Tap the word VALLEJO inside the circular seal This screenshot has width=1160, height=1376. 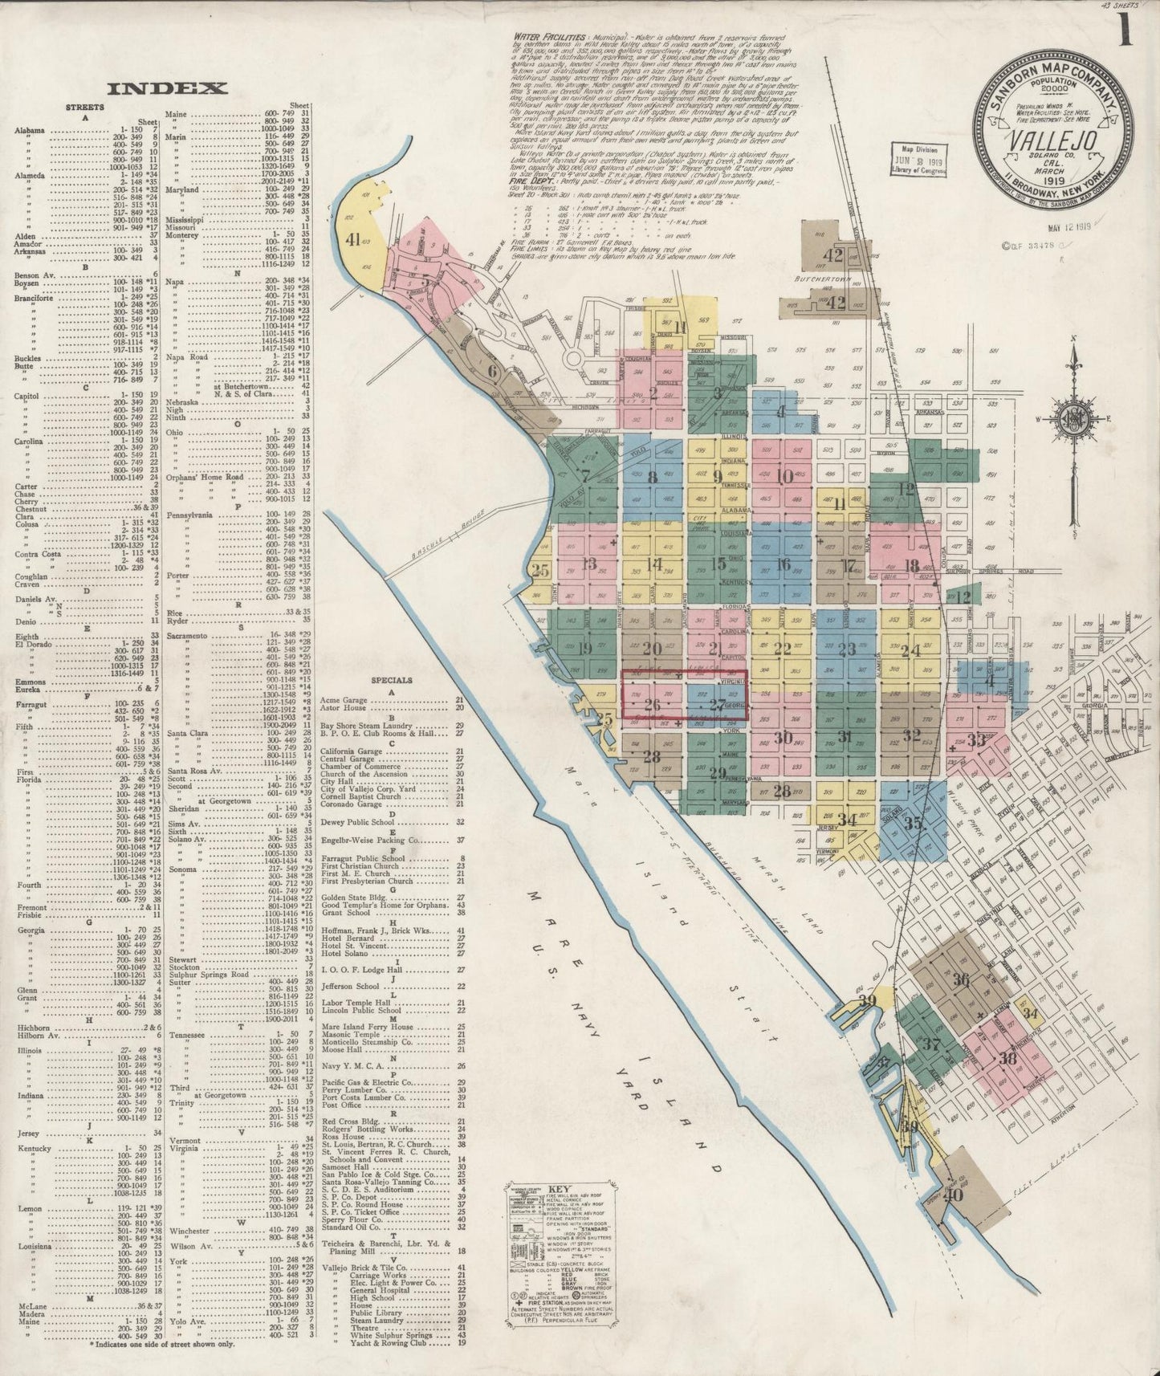(x=1052, y=140)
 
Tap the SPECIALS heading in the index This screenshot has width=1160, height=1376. (x=391, y=680)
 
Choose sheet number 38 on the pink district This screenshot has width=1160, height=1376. (x=1008, y=1058)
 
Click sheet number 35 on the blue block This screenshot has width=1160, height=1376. (x=913, y=823)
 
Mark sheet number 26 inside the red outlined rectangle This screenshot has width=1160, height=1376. (x=652, y=705)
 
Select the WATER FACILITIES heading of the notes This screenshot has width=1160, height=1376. (x=538, y=37)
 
